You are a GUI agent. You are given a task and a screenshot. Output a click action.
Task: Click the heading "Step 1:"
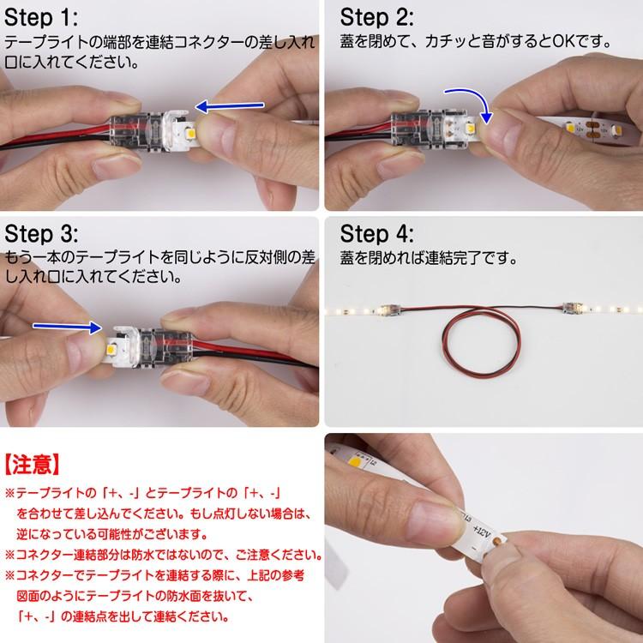(x=41, y=18)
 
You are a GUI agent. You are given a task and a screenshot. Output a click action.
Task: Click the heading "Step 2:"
(x=376, y=18)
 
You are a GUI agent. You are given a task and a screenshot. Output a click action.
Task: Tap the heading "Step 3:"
(x=41, y=234)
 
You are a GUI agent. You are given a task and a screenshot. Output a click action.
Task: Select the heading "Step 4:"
(x=376, y=234)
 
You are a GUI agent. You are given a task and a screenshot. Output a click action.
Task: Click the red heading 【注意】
(x=33, y=465)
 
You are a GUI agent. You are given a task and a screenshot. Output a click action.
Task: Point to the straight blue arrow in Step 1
(x=230, y=106)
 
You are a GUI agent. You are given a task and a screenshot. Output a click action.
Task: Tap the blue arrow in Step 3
(x=67, y=327)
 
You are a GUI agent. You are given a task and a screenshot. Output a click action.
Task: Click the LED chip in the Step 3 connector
(x=111, y=350)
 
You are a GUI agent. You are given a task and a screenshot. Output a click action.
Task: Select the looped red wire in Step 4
(x=481, y=342)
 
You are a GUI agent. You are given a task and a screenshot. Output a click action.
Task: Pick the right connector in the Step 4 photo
(x=574, y=308)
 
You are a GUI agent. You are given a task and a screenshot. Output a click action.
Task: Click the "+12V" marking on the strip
(x=481, y=532)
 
